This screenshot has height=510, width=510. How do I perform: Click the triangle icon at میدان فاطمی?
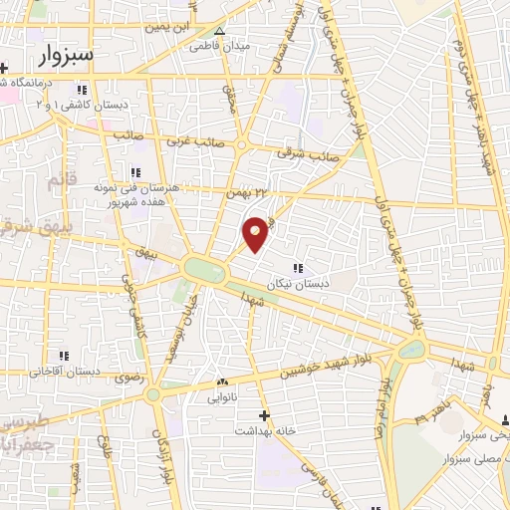click(x=219, y=31)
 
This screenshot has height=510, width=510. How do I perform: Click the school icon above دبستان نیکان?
click(x=298, y=267)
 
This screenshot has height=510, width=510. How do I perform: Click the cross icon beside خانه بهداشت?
click(x=264, y=414)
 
